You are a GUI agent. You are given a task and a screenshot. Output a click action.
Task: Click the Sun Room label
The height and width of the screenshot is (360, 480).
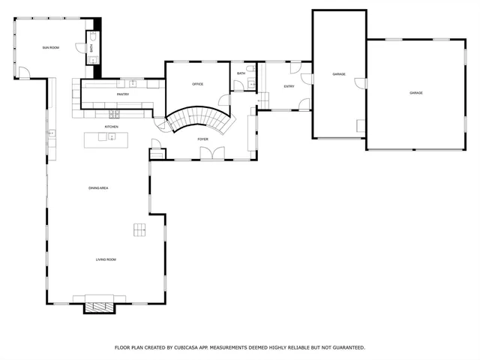point(50,47)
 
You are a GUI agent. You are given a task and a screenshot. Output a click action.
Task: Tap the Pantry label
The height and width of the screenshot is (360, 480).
point(122,94)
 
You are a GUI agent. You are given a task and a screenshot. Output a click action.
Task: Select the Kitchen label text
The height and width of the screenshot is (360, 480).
point(111,127)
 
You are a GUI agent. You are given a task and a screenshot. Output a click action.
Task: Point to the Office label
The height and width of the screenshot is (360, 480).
point(198,84)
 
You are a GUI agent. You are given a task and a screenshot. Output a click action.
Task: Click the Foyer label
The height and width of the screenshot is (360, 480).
point(202,139)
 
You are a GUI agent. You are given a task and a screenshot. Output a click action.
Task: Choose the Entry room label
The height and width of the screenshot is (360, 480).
point(289,86)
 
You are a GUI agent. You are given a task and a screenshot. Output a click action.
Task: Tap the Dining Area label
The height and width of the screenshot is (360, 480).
point(98,187)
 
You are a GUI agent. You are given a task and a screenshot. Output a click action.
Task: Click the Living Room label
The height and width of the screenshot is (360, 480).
point(105,259)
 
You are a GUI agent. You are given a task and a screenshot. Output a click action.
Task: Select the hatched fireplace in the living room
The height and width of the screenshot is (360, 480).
point(99,305)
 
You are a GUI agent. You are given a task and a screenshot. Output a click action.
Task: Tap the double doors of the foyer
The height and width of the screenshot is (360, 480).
point(211,154)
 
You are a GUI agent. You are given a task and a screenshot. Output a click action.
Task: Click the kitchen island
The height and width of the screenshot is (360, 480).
point(106,139)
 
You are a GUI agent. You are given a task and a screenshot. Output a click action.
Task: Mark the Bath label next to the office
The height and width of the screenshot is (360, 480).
point(241,73)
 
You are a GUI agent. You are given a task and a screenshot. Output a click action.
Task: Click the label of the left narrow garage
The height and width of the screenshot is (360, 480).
point(339,73)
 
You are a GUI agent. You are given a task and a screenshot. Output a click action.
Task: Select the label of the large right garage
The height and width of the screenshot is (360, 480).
point(415,93)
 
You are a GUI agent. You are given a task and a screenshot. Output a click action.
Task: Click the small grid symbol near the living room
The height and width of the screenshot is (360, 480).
point(140,229)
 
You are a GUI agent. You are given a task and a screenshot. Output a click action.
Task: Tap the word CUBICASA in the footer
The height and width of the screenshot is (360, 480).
point(187,348)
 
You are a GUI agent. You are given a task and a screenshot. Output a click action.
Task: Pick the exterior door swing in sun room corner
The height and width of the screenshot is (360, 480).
point(25,73)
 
